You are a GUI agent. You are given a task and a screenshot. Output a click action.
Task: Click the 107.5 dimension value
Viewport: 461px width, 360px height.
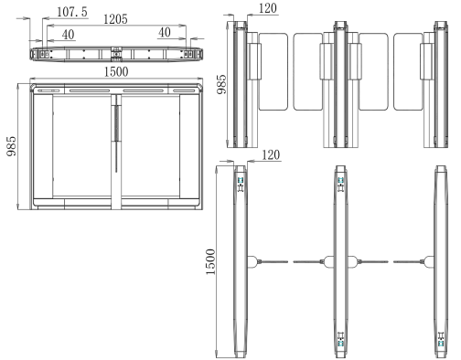[x=72, y=12]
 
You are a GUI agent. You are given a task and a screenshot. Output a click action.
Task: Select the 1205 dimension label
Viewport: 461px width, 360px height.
[x=115, y=19]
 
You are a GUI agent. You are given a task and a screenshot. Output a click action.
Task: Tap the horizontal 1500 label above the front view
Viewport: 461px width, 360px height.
[x=116, y=72]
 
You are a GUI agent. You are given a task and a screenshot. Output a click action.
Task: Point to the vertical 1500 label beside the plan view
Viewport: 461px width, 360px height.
[x=210, y=262]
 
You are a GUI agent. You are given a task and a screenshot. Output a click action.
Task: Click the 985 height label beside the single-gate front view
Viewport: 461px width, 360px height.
[x=12, y=146]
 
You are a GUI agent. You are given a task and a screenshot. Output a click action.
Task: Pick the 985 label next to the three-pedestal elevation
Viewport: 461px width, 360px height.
[x=222, y=84]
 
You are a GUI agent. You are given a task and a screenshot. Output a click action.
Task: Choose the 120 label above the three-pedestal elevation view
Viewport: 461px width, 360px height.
[x=268, y=8]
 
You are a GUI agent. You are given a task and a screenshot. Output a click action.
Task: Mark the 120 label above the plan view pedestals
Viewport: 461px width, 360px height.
[x=271, y=155]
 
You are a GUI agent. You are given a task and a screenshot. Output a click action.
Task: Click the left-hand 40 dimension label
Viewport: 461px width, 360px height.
[x=69, y=35]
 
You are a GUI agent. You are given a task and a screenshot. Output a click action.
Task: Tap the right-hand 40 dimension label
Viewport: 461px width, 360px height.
[x=165, y=33]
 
